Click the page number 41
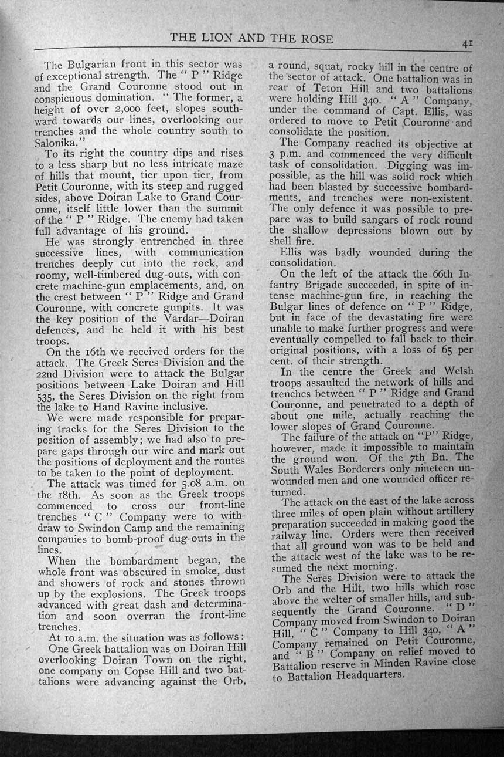click(467, 43)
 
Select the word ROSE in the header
click(315, 39)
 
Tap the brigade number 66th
click(441, 275)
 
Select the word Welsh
click(456, 371)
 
